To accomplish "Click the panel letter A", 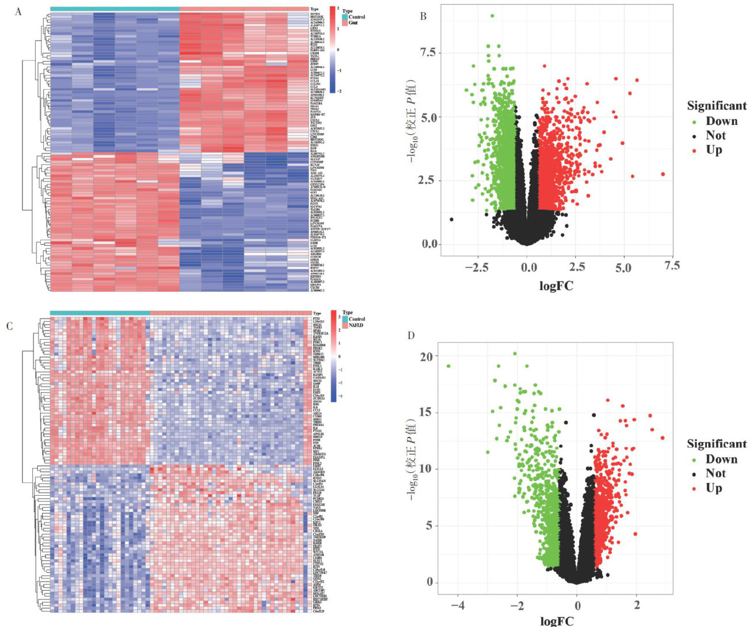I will pos(19,11).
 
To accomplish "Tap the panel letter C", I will pos(9,326).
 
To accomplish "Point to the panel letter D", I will pos(411,335).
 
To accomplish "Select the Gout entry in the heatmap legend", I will pos(353,22).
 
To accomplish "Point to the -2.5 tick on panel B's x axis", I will pos(480,267).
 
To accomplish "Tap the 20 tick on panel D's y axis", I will pos(426,357).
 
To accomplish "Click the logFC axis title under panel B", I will pos(556,284).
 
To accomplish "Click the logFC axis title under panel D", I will pos(556,621).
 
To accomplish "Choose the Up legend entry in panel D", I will pos(714,488).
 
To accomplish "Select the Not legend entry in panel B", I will pos(716,135).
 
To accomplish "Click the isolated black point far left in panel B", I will pos(451,219).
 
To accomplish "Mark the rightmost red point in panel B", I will pos(663,174).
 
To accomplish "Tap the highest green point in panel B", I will pos(492,16).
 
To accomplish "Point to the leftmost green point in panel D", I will pos(448,366).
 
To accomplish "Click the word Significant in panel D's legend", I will pos(717,444).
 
